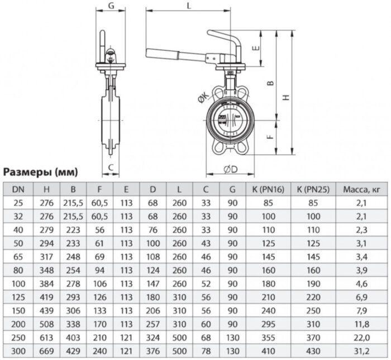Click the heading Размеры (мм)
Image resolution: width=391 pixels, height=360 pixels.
coord(41,171)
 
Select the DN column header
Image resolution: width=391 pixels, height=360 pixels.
coord(17,190)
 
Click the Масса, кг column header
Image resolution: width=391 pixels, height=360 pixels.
coord(363,190)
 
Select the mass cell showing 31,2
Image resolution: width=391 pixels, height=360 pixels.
coord(363,351)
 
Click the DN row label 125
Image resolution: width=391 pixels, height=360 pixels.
coord(17,297)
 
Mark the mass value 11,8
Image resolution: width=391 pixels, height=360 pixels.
coord(363,324)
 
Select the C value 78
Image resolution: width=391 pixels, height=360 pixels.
coord(206,351)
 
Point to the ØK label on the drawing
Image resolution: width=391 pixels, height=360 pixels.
coord(201,99)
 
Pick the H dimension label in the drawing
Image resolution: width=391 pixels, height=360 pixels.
coord(286,97)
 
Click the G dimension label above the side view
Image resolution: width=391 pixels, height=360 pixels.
coord(111,6)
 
